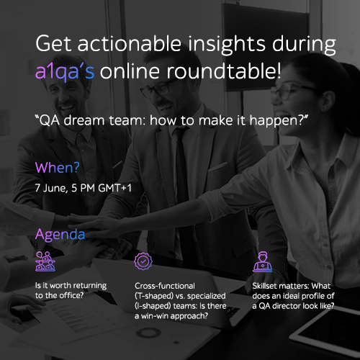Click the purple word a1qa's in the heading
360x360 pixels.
pyautogui.click(x=65, y=72)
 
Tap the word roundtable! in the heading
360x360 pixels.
pyautogui.click(x=224, y=71)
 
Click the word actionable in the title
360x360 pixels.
pyautogui.click(x=129, y=43)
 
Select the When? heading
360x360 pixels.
pyautogui.click(x=57, y=168)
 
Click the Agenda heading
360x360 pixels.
pyautogui.click(x=60, y=235)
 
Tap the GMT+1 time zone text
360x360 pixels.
pyautogui.click(x=114, y=188)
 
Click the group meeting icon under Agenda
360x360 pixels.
pyautogui.click(x=45, y=261)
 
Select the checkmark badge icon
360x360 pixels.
pyautogui.click(x=143, y=261)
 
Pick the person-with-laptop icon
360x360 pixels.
pyautogui.click(x=263, y=262)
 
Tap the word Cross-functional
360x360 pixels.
pyautogui.click(x=165, y=286)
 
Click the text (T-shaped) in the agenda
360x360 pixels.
pyautogui.click(x=154, y=296)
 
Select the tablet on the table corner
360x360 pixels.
pyautogui.click(x=329, y=336)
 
